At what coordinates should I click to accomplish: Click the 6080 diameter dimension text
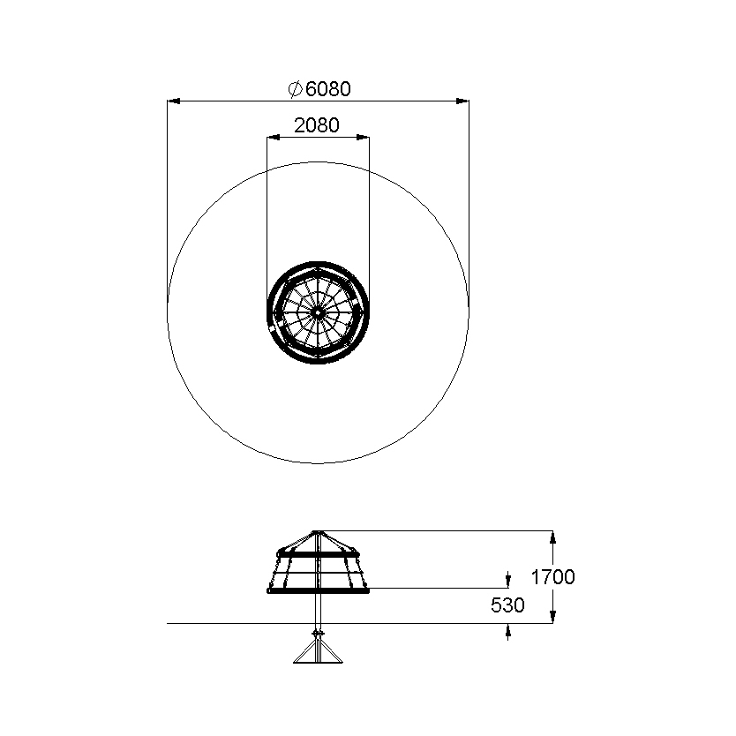point(327,89)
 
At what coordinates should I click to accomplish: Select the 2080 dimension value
point(316,125)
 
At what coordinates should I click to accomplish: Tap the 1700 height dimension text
point(552,577)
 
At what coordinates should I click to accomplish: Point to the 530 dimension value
point(507,605)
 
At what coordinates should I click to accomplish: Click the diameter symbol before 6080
point(295,89)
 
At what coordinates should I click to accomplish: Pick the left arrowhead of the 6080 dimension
point(174,101)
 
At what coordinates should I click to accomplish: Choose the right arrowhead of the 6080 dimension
point(462,101)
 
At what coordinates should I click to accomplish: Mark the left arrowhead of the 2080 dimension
point(274,138)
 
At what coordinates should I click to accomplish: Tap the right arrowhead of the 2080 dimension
point(363,138)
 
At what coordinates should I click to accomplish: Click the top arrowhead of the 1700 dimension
point(553,537)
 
